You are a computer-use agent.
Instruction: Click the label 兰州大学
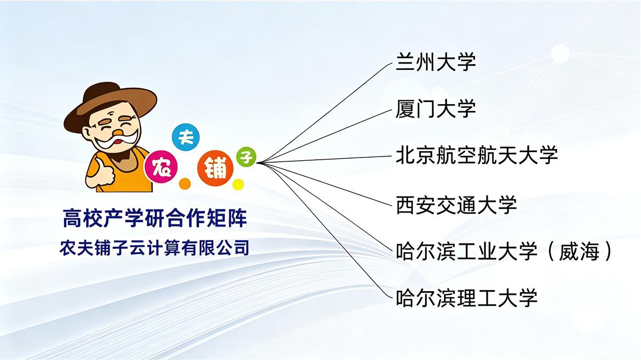[x=435, y=61]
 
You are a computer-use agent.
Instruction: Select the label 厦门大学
[x=435, y=109]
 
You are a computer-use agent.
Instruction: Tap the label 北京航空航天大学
[x=476, y=155]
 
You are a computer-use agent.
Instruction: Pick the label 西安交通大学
[x=456, y=205]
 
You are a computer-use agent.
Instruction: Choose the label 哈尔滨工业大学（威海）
[x=504, y=251]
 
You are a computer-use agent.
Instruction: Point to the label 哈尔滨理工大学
[x=466, y=298]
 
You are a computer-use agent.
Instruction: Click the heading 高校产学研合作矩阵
[x=155, y=218]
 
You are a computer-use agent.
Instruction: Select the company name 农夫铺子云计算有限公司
[x=154, y=248]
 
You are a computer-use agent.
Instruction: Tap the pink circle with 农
[x=161, y=167]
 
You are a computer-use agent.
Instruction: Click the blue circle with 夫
[x=186, y=137]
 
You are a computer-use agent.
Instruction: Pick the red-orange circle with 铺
[x=215, y=168]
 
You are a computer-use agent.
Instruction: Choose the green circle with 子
[x=246, y=157]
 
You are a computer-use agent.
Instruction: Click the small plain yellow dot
[x=238, y=185]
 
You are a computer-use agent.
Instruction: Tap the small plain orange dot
[x=185, y=183]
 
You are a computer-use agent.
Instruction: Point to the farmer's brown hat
[x=110, y=105]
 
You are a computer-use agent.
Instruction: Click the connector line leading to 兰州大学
[x=325, y=113]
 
